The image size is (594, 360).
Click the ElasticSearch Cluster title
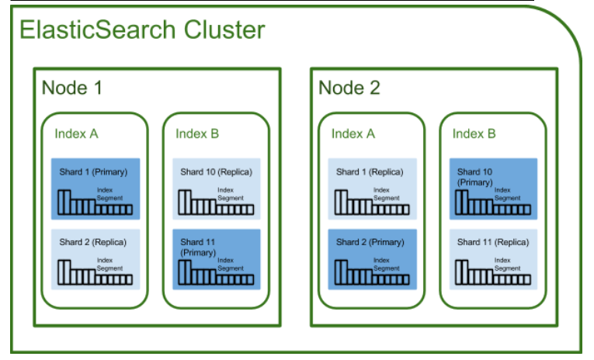coord(141,30)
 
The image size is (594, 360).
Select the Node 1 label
coord(71,88)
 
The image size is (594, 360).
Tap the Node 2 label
coord(349,88)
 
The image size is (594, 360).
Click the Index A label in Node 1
coord(76,133)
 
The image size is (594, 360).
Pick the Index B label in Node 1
coord(197,133)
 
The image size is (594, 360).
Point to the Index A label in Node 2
coord(353,133)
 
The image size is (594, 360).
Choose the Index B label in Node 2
coord(474,133)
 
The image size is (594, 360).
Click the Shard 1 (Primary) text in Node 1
coord(93,171)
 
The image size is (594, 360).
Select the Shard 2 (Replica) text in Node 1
coord(93,242)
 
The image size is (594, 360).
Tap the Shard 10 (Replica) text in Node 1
coord(216,171)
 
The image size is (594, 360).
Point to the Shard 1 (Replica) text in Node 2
coord(370,171)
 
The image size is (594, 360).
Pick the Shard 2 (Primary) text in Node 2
coord(370,242)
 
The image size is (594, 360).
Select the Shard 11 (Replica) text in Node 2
coord(492,242)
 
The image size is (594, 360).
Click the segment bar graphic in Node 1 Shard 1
coord(94,206)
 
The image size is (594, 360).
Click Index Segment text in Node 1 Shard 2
coord(109,264)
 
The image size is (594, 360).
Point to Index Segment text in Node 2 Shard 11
coord(507,264)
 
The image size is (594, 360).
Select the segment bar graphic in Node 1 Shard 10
coord(216,206)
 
